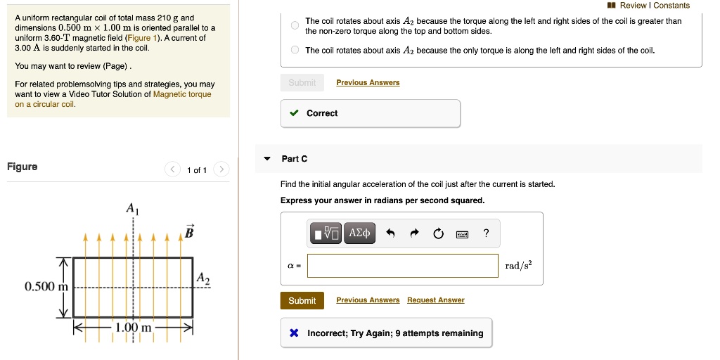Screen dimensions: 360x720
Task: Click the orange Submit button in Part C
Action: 302,300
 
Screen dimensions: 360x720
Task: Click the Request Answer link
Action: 435,300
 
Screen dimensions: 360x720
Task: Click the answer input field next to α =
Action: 402,266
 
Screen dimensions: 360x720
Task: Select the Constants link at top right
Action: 671,6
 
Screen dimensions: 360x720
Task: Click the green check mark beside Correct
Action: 294,113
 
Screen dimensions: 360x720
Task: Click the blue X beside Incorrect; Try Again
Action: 294,333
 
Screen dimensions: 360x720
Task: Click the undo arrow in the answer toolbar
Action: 391,233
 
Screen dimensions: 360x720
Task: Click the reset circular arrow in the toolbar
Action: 439,233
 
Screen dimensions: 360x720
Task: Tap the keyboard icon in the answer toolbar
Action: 462,233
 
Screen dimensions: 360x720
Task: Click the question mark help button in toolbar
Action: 486,233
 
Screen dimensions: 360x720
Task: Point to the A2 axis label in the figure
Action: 202,278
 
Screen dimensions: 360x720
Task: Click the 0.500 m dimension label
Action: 46,287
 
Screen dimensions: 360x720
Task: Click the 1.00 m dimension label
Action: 134,328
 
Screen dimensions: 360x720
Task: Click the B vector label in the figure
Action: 188,231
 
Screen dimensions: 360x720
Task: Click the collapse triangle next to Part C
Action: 267,159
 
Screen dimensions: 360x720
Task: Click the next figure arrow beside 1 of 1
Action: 221,169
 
